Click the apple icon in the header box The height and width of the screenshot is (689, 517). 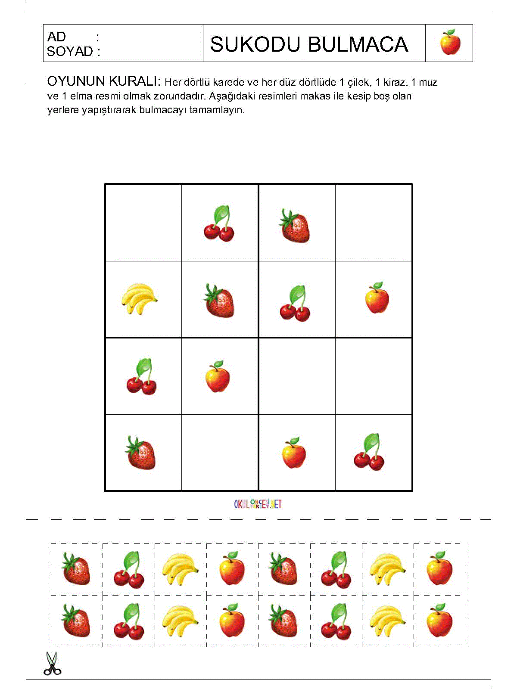[x=450, y=43]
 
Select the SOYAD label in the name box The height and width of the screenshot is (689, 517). [x=70, y=52]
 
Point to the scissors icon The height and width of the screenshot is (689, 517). [x=52, y=664]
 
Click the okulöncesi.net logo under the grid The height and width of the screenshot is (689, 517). [x=258, y=504]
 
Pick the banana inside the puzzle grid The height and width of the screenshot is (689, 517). [x=139, y=298]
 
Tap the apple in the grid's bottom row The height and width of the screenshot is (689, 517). [x=294, y=453]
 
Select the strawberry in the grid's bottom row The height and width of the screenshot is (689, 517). [x=141, y=453]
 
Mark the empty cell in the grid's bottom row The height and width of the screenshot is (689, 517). [x=220, y=453]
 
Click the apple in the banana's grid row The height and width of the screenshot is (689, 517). [x=377, y=298]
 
